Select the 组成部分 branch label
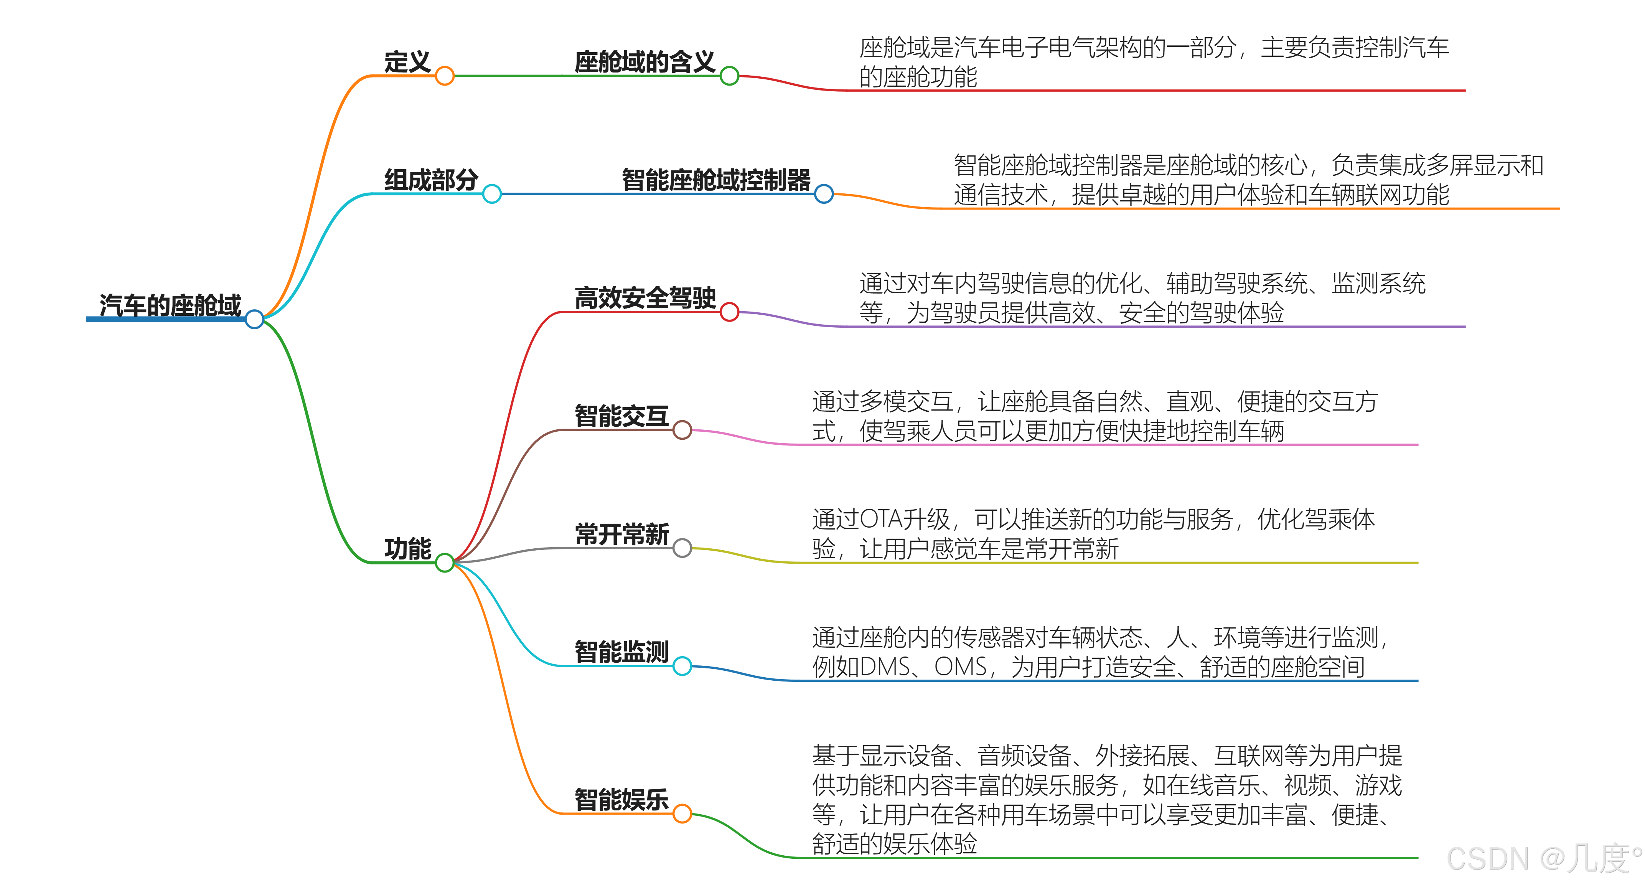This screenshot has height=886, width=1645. (431, 180)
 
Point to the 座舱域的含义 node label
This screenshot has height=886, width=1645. (644, 62)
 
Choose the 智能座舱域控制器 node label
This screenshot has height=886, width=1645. (716, 180)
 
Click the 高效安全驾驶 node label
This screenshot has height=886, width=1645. (645, 298)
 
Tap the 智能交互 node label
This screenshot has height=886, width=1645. (621, 416)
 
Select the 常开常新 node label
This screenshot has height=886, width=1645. (621, 534)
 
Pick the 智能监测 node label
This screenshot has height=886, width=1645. (621, 652)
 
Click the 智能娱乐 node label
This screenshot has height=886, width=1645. (621, 799)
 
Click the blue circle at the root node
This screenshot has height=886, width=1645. (254, 319)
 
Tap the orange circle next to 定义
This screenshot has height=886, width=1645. (445, 76)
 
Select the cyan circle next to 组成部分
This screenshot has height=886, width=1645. (492, 193)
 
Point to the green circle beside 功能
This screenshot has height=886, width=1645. (445, 563)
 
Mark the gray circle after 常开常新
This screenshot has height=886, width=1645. (682, 548)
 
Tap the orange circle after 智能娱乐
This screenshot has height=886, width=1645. (682, 814)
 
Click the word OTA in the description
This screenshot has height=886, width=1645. (880, 519)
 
